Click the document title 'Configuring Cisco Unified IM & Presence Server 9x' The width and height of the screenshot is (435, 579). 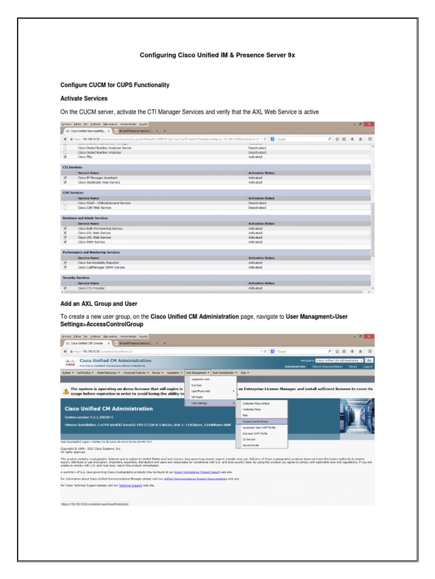[217, 55]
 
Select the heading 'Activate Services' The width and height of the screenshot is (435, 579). [84, 98]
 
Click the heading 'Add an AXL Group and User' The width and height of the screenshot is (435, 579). [99, 304]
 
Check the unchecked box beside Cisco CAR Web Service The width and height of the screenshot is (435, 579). [65, 208]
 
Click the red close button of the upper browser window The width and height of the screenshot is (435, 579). [369, 124]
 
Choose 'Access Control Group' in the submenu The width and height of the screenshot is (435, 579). [257, 421]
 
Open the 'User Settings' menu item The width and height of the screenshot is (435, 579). [199, 403]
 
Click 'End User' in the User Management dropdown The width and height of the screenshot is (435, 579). [197, 384]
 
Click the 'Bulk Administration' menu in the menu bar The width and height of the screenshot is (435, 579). [225, 373]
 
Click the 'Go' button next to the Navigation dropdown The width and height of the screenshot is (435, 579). [369, 360]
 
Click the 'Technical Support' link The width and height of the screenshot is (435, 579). [130, 485]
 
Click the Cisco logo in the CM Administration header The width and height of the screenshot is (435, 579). [69, 363]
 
